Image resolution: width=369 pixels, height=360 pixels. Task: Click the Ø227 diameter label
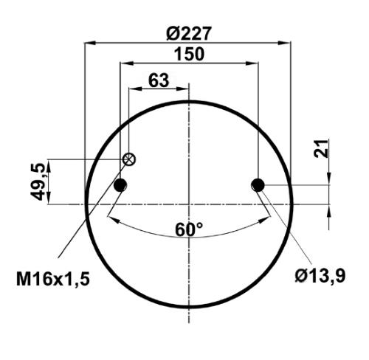click(x=189, y=33)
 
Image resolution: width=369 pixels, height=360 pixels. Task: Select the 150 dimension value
click(x=189, y=54)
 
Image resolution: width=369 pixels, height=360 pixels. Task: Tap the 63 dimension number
click(x=159, y=80)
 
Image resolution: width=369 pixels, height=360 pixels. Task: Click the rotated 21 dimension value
click(x=321, y=148)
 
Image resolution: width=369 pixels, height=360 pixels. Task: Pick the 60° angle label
click(x=189, y=229)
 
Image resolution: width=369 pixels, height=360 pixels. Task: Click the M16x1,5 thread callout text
click(x=53, y=280)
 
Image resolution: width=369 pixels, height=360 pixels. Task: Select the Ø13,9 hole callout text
click(x=320, y=276)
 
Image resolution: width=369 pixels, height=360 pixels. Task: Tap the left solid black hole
click(x=120, y=185)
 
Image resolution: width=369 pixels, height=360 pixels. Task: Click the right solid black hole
click(x=258, y=185)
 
